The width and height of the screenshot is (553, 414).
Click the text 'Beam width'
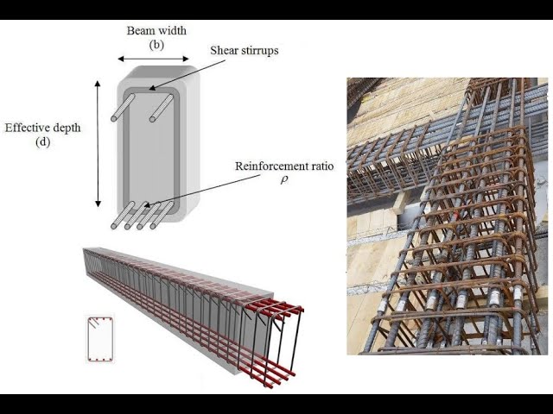coord(157,31)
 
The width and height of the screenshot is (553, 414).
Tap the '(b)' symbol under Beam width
coord(156,44)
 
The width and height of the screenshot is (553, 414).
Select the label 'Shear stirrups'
coord(245,50)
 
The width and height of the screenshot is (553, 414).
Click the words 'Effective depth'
coord(42,128)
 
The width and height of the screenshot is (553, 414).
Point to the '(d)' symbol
coord(42,142)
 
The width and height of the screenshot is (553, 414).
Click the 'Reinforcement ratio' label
coord(284,165)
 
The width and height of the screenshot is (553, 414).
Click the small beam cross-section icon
coord(99,339)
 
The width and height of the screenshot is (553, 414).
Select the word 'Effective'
coord(27,128)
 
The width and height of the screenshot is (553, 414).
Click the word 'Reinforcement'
coord(269,165)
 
